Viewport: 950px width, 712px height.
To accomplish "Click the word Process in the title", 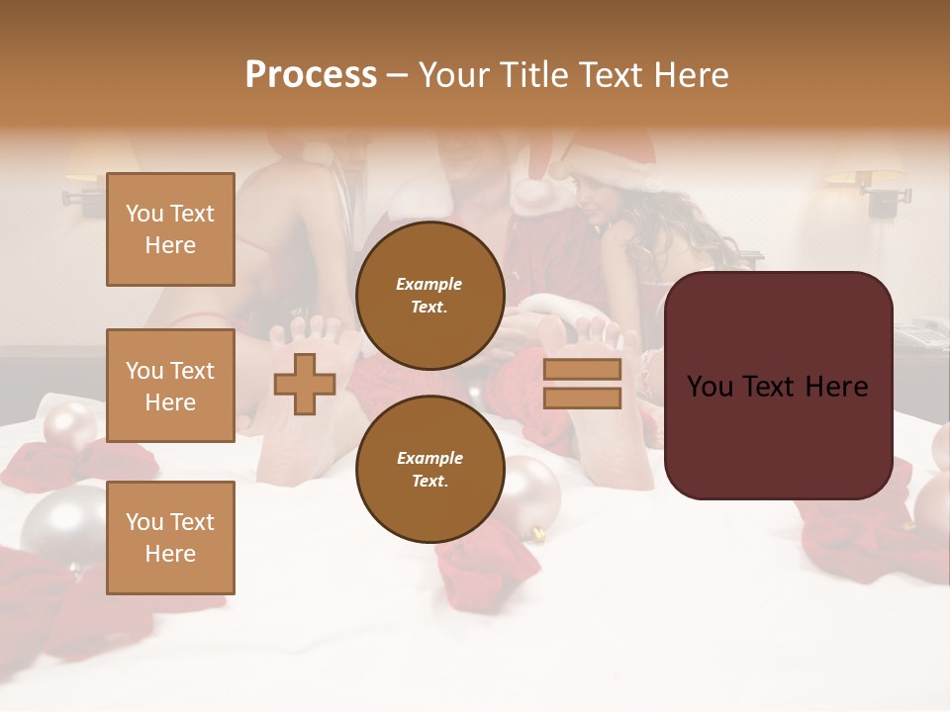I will (311, 75).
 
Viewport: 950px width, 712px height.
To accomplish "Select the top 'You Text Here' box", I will (170, 229).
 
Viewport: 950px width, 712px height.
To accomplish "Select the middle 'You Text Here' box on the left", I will (170, 386).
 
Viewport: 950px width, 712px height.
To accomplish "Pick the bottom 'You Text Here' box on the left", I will (170, 537).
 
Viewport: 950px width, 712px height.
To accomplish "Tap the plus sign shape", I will (304, 384).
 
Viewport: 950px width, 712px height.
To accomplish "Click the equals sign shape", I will (582, 384).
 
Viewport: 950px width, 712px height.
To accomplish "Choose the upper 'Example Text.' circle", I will (429, 295).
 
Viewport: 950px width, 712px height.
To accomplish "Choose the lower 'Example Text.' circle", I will (429, 469).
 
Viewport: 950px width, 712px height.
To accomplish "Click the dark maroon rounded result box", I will (778, 386).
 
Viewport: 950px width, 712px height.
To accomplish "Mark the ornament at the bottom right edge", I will (933, 504).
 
